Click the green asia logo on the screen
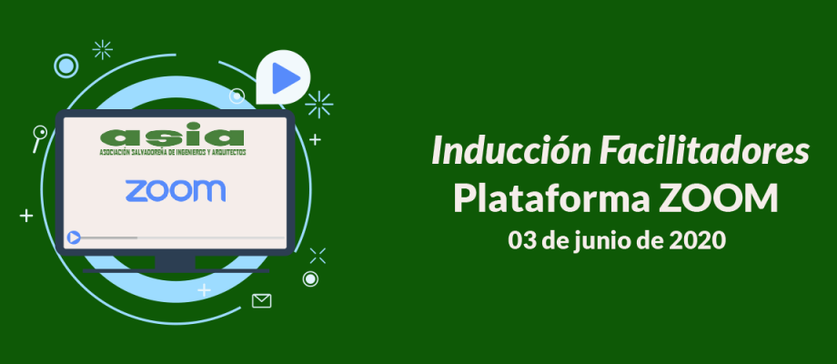(173, 139)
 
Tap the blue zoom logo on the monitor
(176, 191)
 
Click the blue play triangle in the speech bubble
(285, 78)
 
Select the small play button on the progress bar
(74, 238)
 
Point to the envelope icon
(262, 301)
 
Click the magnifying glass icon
(39, 137)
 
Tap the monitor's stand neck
(175, 261)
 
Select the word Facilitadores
(703, 151)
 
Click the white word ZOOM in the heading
(719, 199)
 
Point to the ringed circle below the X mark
(310, 279)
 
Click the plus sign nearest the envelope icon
(204, 290)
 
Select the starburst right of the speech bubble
(319, 105)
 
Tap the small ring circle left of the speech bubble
(237, 96)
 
